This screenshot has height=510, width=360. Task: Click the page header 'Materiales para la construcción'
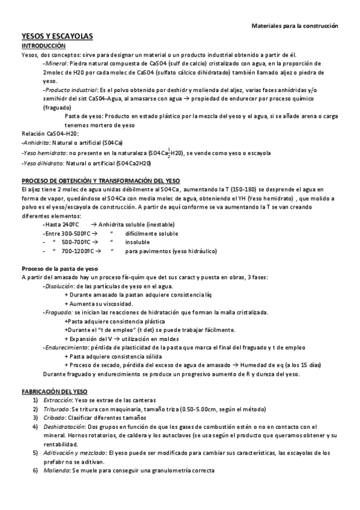click(x=294, y=26)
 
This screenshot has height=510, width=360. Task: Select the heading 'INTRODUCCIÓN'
click(x=44, y=46)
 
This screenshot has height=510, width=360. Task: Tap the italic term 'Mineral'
click(x=56, y=63)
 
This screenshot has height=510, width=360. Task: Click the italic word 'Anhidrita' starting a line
click(x=35, y=143)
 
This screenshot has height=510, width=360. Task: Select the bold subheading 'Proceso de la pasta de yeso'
click(x=59, y=268)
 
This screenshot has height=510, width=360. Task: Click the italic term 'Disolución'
click(x=59, y=286)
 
